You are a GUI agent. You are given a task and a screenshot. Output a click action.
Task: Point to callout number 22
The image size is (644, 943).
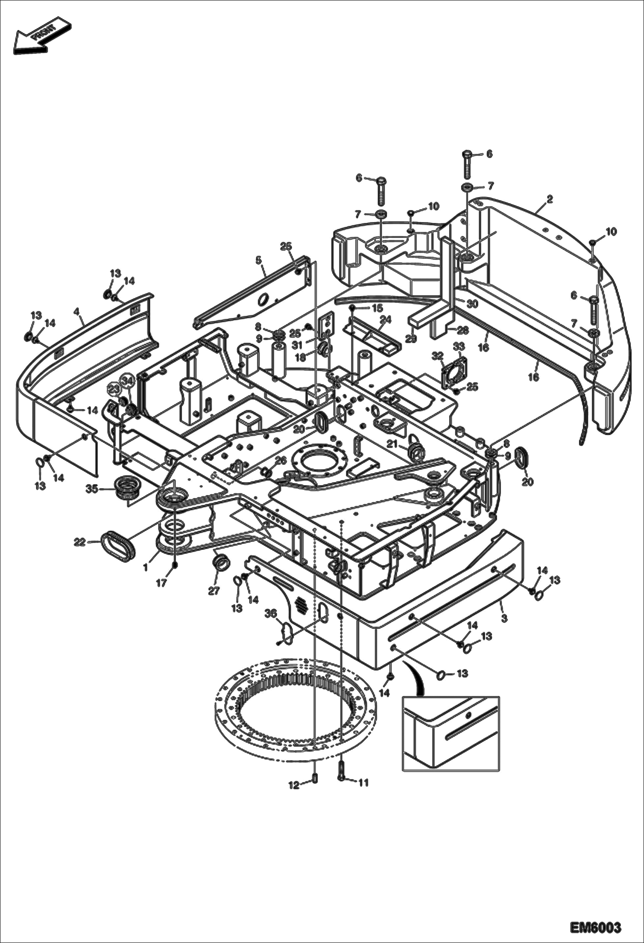pos(80,542)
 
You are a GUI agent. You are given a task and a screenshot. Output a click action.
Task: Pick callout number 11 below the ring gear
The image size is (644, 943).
pos(364,783)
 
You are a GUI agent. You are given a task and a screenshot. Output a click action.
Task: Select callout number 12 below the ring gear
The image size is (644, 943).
pos(294,785)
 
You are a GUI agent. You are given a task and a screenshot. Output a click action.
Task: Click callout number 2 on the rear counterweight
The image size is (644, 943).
pos(549,199)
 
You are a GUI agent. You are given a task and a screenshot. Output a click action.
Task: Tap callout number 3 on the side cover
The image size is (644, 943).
pos(504,618)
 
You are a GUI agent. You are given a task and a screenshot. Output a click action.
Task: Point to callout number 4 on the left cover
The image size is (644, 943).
pos(77,311)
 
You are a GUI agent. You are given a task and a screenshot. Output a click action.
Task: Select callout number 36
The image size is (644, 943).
pos(270,615)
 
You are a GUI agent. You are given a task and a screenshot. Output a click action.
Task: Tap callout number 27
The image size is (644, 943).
pos(214,591)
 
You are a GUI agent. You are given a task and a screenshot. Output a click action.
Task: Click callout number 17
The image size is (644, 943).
pos(161,583)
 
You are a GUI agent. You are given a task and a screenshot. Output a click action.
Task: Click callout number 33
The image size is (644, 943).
pos(459,346)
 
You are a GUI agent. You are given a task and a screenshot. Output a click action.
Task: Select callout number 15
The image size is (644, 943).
pos(377,308)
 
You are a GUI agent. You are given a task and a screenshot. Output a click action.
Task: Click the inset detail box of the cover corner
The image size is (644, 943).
pos(451,734)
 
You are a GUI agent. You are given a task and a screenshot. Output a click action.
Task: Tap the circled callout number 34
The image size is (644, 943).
pos(126,381)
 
